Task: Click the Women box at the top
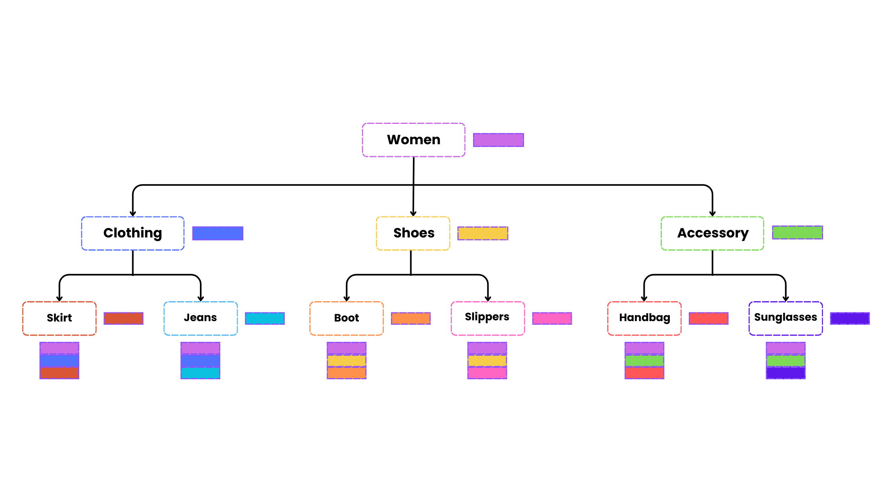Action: pos(413,140)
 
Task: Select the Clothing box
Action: pos(133,233)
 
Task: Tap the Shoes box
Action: pos(413,233)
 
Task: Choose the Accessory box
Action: pos(712,233)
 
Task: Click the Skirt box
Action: pos(59,318)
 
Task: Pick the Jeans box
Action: pos(200,318)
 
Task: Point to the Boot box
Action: pos(346,318)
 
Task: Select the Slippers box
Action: pos(487,318)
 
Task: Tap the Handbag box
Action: pos(644,318)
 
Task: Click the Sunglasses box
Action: pos(785,318)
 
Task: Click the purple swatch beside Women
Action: pos(498,140)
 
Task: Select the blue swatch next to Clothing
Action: pos(217,233)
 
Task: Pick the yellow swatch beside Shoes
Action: pos(483,233)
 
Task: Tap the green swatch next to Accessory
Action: pos(797,232)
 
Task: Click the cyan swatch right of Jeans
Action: pos(264,318)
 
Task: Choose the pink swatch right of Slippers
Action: pos(552,318)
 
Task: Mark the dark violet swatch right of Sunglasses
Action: pos(850,318)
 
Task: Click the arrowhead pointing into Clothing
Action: pos(133,214)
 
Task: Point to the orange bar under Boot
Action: pos(346,373)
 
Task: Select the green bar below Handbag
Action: pos(644,361)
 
